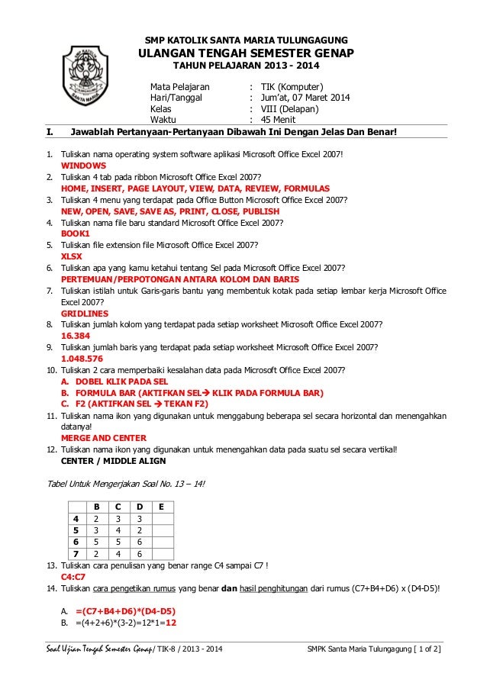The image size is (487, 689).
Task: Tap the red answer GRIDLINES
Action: pos(84,313)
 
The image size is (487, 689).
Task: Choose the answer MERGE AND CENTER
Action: pos(105,439)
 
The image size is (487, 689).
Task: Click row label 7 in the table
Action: pos(76,553)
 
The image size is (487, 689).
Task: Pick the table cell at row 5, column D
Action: pos(140,530)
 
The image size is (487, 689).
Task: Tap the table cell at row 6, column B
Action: pos(96,541)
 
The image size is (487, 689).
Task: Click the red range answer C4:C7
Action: pos(73,577)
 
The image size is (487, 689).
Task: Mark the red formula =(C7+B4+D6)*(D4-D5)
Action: pos(127,611)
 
